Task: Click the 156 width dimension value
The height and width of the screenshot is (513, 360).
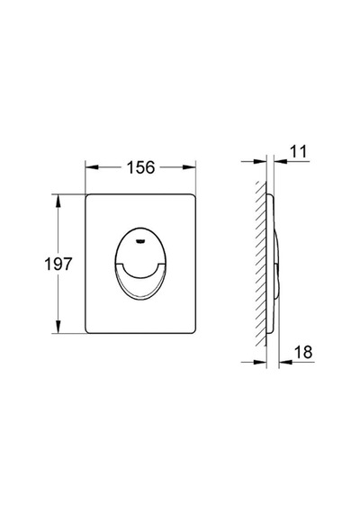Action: (x=140, y=167)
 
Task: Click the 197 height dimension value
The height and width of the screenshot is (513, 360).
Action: (x=58, y=264)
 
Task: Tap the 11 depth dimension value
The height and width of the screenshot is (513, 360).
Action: (x=299, y=152)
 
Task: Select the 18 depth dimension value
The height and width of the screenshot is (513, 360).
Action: (x=303, y=352)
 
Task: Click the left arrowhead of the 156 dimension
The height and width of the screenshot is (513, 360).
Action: (x=92, y=167)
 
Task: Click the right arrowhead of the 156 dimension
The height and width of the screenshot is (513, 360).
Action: (x=189, y=167)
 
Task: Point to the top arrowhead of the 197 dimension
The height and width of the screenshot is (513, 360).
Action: (x=58, y=201)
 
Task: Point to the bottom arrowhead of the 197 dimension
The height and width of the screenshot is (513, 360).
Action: (x=58, y=327)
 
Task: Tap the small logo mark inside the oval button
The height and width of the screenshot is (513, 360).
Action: (x=140, y=242)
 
